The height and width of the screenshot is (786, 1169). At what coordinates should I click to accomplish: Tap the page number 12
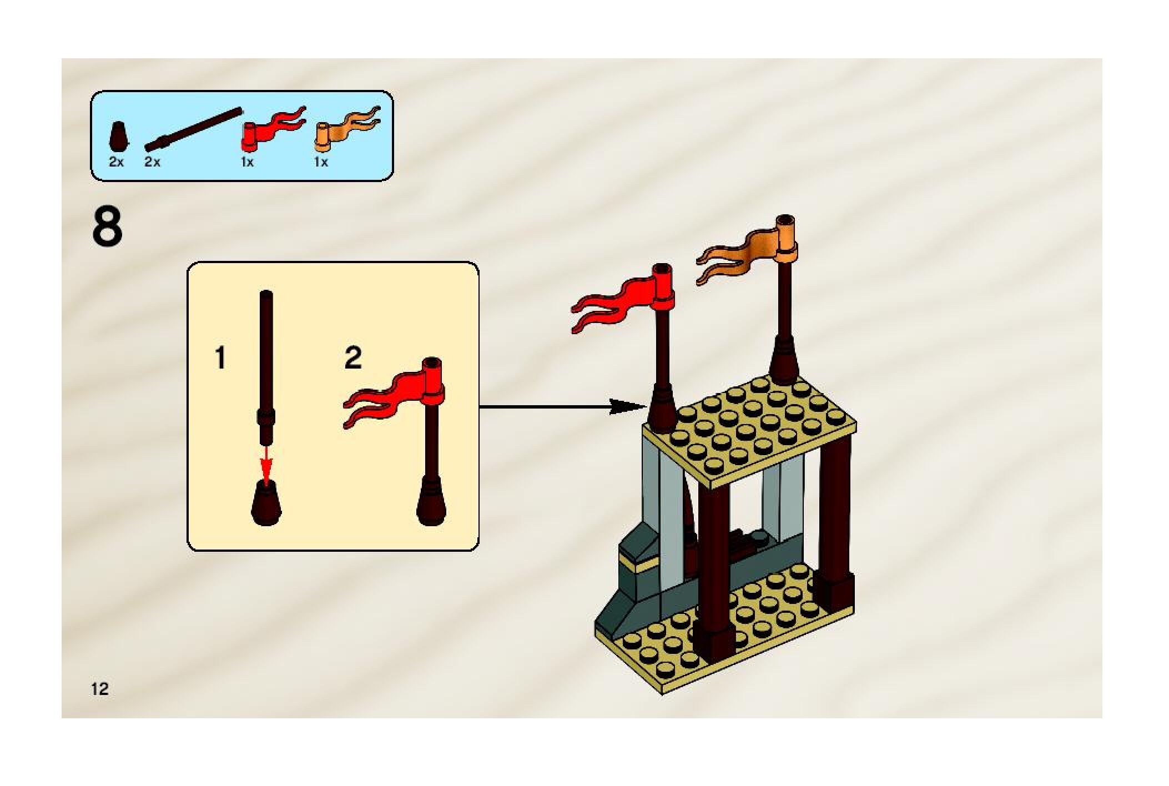click(x=100, y=689)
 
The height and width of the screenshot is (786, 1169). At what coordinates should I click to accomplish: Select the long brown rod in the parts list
click(x=194, y=129)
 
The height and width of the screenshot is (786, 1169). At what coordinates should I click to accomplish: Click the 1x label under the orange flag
click(x=321, y=162)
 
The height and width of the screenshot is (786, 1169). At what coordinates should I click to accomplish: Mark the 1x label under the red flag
click(x=247, y=162)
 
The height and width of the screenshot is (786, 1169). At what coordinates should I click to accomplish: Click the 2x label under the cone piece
click(x=117, y=162)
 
